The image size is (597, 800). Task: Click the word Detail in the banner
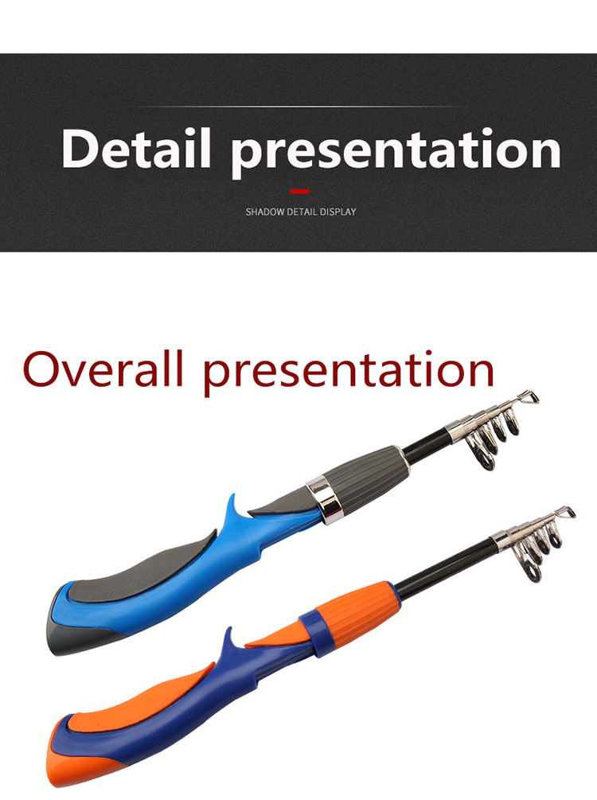(136, 148)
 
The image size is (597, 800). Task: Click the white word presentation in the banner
(396, 152)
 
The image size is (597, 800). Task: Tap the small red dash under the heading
(299, 191)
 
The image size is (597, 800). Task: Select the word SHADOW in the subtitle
(265, 212)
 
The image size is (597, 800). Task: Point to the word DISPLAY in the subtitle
(338, 212)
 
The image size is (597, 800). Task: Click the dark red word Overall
(103, 369)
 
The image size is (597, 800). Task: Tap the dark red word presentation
(349, 373)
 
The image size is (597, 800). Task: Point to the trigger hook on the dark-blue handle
(232, 642)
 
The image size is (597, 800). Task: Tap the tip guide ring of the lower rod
(567, 513)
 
